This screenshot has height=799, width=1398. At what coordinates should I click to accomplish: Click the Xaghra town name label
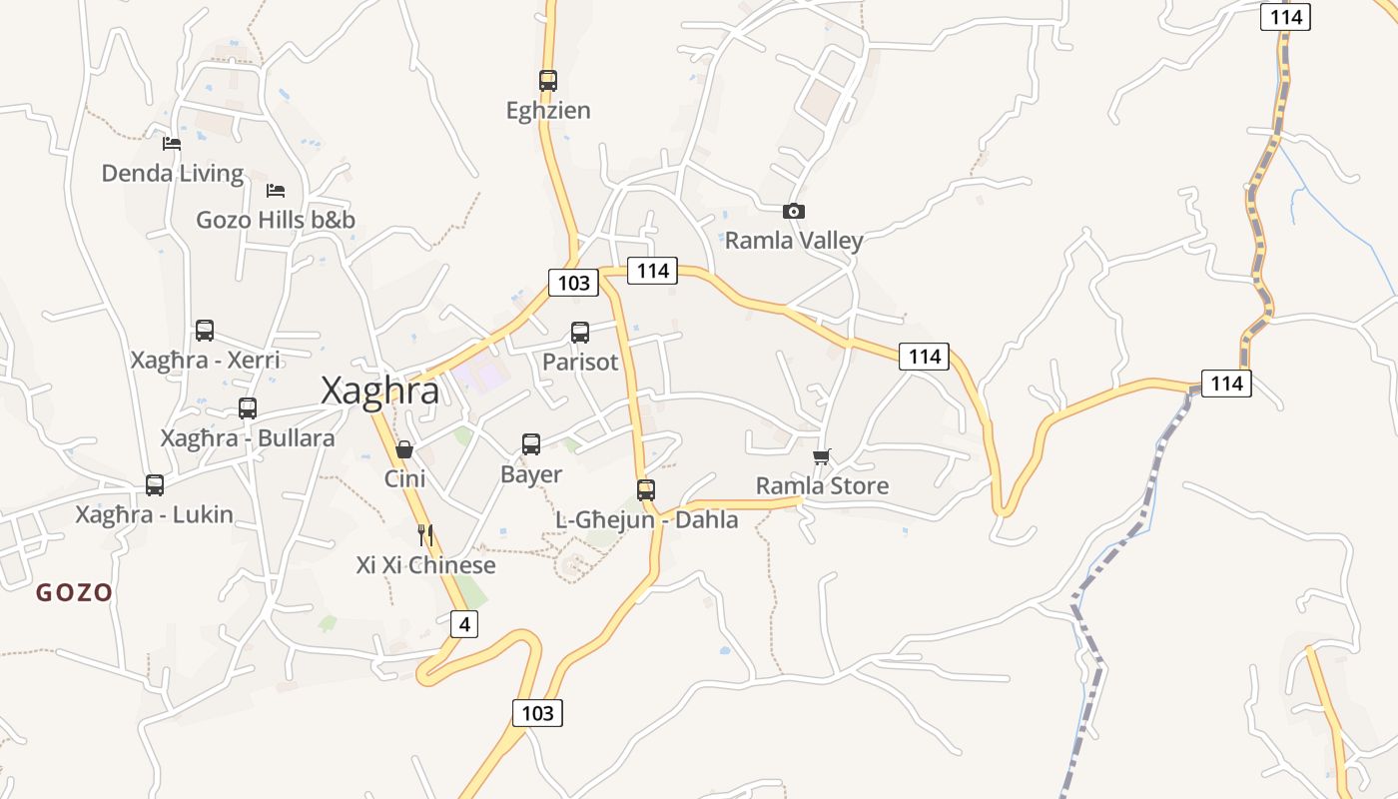(x=379, y=392)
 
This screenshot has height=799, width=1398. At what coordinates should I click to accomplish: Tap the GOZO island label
(x=74, y=593)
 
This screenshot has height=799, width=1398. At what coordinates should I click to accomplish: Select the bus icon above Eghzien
(x=547, y=81)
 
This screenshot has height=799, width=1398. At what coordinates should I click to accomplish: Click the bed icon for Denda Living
(x=172, y=144)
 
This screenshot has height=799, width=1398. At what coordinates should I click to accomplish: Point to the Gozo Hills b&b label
(x=276, y=220)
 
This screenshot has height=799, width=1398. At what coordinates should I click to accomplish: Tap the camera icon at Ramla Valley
(x=794, y=211)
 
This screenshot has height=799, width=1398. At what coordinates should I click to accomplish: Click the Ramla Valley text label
(x=794, y=241)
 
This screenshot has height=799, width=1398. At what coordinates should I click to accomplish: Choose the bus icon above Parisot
(x=580, y=333)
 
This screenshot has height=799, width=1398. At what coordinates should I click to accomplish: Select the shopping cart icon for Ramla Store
(x=821, y=456)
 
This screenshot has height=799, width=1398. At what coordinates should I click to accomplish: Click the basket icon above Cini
(x=404, y=449)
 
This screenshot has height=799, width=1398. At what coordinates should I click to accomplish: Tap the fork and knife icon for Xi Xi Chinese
(x=425, y=535)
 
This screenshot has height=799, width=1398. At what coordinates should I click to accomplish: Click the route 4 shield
(x=463, y=625)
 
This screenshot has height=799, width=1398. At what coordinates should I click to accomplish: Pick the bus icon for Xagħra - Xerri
(x=205, y=331)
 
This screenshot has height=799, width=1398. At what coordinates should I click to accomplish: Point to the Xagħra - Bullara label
(x=248, y=438)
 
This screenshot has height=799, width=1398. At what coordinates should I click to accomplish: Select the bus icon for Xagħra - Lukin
(x=155, y=485)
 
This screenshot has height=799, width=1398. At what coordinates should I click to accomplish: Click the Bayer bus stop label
(x=531, y=474)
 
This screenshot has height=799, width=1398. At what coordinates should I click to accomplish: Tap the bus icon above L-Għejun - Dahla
(x=646, y=490)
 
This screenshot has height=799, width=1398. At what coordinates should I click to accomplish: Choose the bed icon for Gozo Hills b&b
(x=276, y=190)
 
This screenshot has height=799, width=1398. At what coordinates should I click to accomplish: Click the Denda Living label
(x=173, y=174)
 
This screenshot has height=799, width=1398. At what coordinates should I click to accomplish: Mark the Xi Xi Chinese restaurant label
(x=425, y=565)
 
